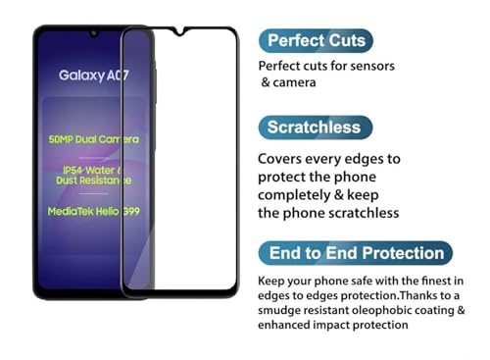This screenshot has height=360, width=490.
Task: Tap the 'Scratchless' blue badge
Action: pos(315,128)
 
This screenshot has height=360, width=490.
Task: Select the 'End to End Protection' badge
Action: pos(356,253)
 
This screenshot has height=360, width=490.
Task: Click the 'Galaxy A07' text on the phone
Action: pos(94,75)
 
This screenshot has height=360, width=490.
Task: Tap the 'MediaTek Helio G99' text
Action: pos(94,210)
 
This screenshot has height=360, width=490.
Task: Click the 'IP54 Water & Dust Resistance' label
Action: pos(94,176)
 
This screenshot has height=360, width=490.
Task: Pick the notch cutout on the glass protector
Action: pos(179,32)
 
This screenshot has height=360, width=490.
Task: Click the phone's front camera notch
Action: pos(94,32)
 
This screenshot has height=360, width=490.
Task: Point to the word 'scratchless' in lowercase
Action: pos(364,213)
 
